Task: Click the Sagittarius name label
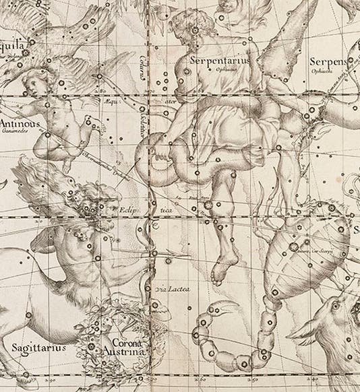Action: (38, 348)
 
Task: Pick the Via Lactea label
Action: (174, 290)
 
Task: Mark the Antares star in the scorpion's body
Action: (293, 247)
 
